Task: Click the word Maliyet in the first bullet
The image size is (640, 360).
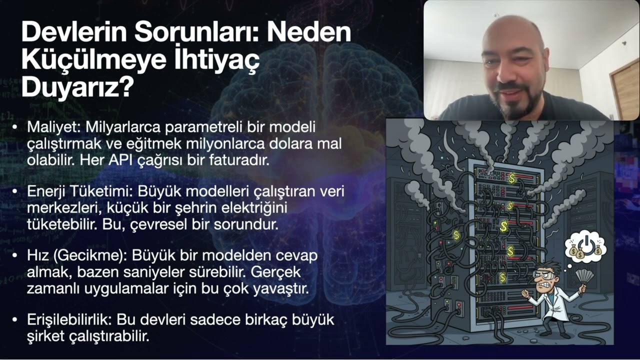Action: (x=46, y=127)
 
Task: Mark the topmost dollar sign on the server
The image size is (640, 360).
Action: (x=511, y=177)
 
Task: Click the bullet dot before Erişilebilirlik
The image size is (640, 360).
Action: (x=17, y=319)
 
